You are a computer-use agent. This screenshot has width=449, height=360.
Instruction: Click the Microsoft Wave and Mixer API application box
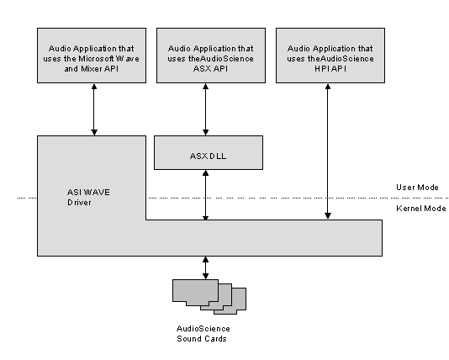click(93, 55)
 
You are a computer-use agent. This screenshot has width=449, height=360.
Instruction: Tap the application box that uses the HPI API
click(327, 55)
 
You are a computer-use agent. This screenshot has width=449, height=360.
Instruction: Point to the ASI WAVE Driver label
click(88, 197)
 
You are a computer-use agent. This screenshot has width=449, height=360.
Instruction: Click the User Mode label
click(417, 187)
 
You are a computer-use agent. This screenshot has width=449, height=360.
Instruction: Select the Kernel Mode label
click(420, 208)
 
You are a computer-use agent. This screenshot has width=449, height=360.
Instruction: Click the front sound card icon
click(193, 291)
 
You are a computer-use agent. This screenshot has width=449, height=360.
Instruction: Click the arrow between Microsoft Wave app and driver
click(94, 109)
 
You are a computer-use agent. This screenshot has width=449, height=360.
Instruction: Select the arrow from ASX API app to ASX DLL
click(205, 109)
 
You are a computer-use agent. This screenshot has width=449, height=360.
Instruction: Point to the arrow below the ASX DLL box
click(205, 195)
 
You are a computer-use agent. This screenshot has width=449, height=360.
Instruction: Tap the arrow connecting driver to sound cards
click(205, 267)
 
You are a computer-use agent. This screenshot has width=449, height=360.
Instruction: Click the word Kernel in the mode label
click(409, 208)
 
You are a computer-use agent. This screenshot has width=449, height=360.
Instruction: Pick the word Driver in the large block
click(79, 203)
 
